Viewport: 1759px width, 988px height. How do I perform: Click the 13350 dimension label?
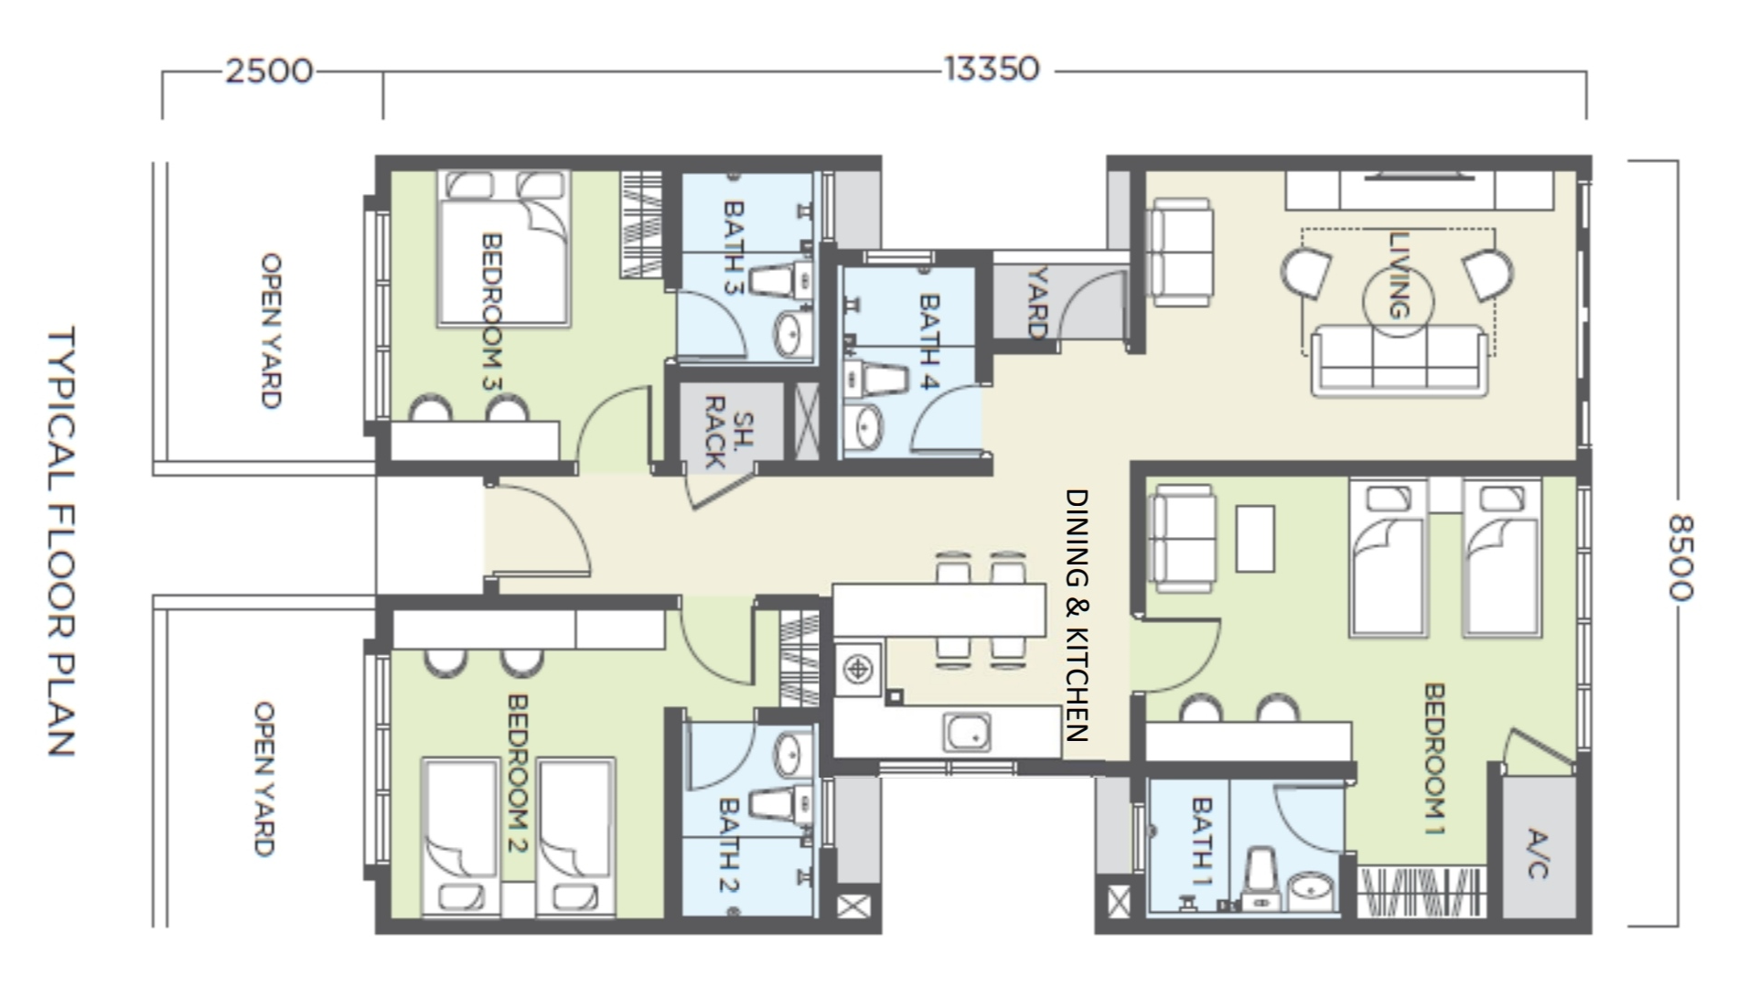[992, 69]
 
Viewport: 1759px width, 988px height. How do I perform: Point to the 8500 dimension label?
[1680, 557]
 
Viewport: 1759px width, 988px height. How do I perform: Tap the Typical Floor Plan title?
[60, 542]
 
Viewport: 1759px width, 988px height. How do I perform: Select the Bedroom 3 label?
[491, 312]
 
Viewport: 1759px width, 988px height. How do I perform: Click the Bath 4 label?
[928, 341]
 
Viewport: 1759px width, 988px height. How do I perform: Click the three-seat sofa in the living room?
[1399, 361]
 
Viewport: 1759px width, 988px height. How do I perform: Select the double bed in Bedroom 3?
[504, 248]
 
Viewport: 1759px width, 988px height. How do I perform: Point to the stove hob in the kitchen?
[858, 670]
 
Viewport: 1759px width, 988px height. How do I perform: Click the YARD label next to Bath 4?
[1037, 302]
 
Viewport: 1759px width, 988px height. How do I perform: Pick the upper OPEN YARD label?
[271, 330]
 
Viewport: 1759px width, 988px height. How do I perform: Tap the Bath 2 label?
[729, 845]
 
